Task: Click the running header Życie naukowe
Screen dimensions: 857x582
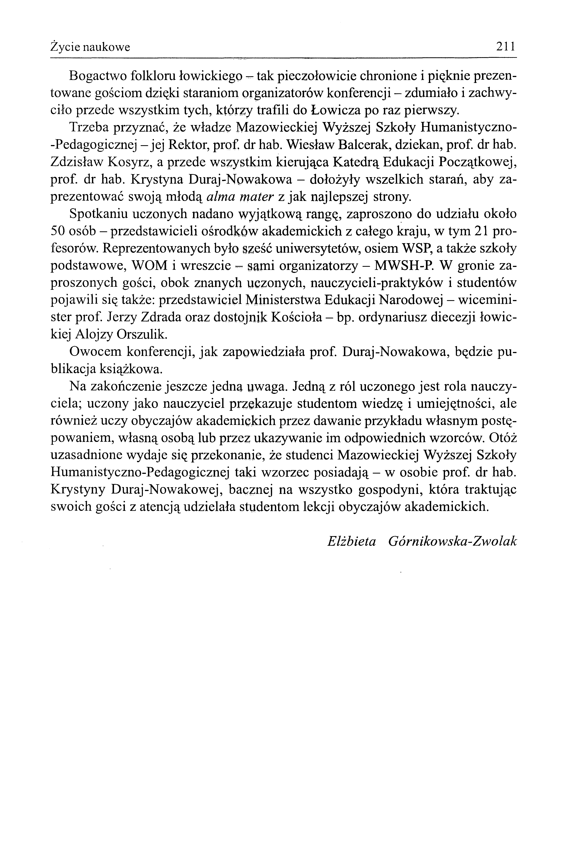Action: (x=90, y=47)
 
